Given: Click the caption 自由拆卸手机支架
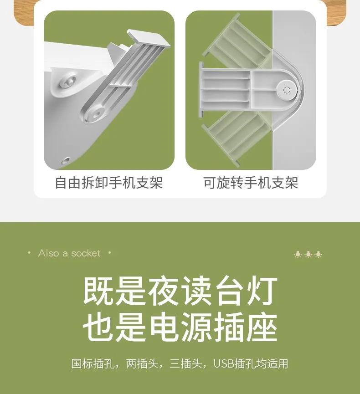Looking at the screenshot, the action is click(109, 183).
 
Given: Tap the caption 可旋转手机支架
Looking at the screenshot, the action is click(251, 183).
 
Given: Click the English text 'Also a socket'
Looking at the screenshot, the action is click(69, 253).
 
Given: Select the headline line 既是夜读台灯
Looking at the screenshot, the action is click(180, 291).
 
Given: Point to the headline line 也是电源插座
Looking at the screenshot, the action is click(180, 327).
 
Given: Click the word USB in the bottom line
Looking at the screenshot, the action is click(223, 363).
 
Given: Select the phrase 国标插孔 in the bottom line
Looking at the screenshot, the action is click(93, 363).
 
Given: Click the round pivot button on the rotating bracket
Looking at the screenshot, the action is click(287, 90).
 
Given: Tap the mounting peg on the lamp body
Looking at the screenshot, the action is click(68, 80).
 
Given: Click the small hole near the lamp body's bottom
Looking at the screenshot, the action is click(67, 159).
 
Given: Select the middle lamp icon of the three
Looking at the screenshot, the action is click(308, 254).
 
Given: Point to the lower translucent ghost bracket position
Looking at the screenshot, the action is click(237, 138).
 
